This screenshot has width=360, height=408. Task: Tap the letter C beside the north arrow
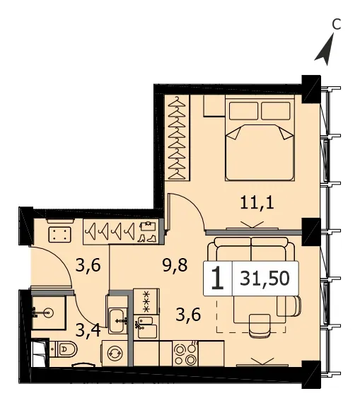(337, 25)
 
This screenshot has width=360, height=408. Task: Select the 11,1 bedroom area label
(257, 203)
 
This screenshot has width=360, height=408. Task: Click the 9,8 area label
(175, 266)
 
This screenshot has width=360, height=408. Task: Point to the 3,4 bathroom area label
(88, 330)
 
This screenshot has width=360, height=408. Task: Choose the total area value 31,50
(265, 278)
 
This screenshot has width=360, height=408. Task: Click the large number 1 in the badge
(217, 279)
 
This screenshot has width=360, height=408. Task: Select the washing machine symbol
(115, 353)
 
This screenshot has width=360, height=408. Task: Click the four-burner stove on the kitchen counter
(185, 354)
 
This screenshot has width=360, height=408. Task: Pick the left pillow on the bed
(243, 110)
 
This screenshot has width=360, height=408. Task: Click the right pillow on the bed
(276, 110)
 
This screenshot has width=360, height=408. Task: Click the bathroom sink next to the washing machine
(117, 320)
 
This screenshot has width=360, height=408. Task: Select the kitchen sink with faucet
(146, 327)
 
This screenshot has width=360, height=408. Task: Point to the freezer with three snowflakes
(146, 301)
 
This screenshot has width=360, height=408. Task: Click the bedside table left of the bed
(214, 105)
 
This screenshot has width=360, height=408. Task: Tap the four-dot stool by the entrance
(59, 235)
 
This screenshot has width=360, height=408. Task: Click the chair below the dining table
(260, 326)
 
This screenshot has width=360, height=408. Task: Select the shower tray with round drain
(48, 313)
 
